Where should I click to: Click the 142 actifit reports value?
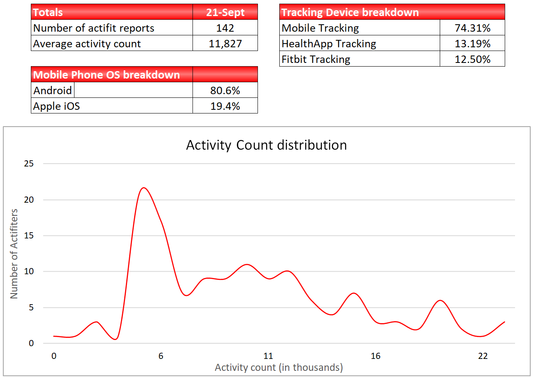225,28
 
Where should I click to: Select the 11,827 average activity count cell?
225,44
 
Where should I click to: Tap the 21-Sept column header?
225,12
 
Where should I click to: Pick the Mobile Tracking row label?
320,28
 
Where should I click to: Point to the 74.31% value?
472,28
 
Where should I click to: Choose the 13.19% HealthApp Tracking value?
472,44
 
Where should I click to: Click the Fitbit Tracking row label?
316,59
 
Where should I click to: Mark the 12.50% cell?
472,59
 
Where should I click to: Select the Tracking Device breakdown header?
350,12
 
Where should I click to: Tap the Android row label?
53,90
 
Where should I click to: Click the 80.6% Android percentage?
225,90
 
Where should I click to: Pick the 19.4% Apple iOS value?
225,106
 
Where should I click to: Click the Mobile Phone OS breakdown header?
107,75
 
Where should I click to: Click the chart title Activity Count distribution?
266,145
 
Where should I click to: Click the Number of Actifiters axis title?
14,254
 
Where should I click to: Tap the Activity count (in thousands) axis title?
278,367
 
